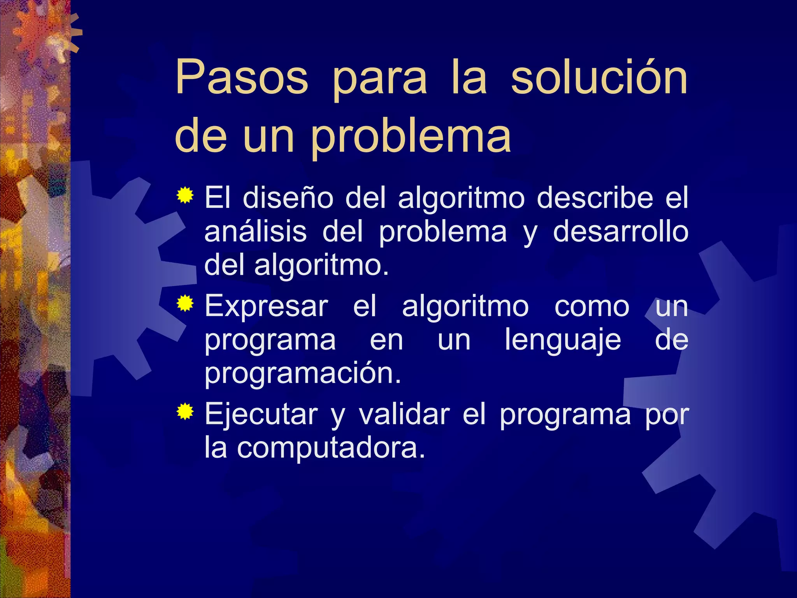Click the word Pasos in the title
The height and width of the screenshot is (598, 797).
click(x=242, y=78)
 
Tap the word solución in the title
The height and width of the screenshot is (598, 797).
click(x=599, y=78)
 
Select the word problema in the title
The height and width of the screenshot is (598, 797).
click(x=411, y=136)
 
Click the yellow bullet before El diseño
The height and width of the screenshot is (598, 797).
click(x=185, y=195)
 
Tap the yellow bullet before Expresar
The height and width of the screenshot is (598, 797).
click(x=185, y=303)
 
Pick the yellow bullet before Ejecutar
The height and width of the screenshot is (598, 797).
click(x=185, y=412)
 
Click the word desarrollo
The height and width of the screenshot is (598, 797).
click(x=621, y=232)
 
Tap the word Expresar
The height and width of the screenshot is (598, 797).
click(x=267, y=306)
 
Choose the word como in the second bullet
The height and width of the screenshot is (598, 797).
click(x=592, y=306)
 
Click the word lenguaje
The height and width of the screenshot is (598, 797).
click(x=563, y=340)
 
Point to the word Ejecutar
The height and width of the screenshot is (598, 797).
click(x=261, y=414)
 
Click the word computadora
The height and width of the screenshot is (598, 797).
click(x=331, y=448)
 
